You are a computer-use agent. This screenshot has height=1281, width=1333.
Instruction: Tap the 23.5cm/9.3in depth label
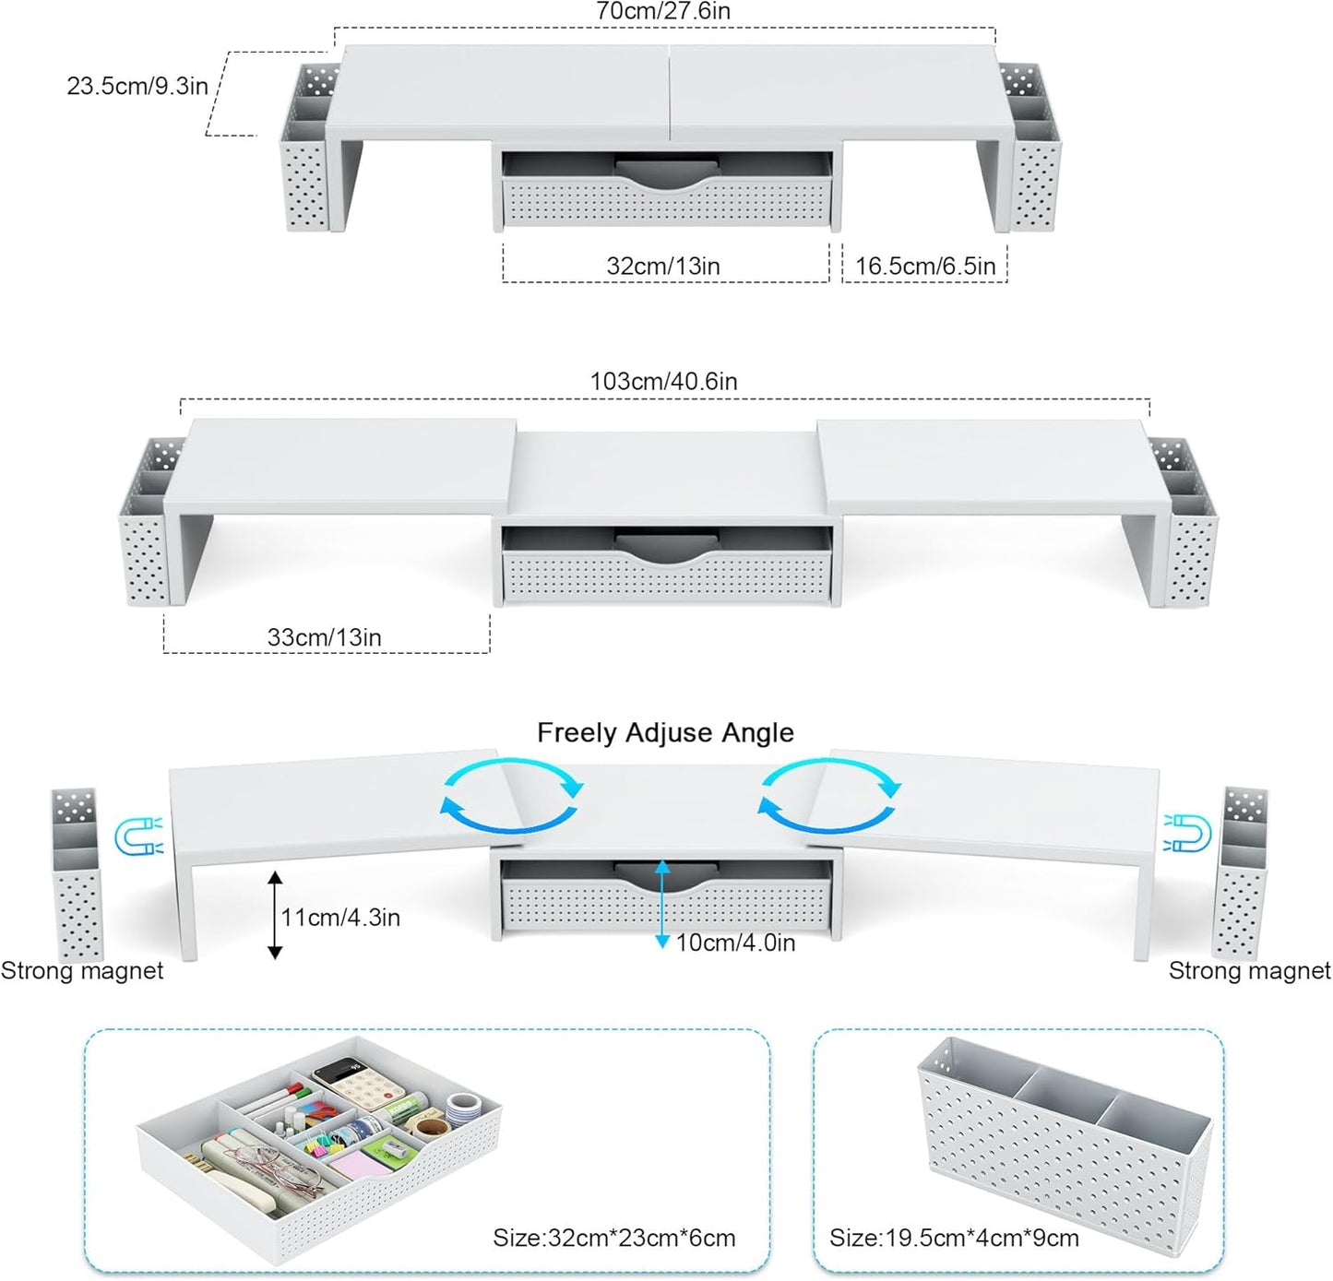click(137, 86)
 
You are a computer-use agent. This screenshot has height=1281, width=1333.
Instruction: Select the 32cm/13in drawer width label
click(662, 266)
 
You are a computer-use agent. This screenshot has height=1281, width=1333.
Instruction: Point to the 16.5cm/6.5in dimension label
click(924, 266)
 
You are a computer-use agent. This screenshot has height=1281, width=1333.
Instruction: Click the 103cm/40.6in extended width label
click(663, 381)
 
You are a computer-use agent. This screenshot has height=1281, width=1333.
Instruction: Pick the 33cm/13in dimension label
click(324, 637)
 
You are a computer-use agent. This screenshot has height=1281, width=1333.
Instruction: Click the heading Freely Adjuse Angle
click(665, 732)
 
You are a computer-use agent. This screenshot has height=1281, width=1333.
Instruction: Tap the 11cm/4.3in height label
click(340, 917)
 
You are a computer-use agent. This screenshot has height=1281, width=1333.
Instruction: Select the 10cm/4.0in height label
click(735, 943)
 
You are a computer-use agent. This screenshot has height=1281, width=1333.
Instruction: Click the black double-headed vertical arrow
click(275, 915)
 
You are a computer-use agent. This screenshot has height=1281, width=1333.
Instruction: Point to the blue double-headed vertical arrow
click(661, 904)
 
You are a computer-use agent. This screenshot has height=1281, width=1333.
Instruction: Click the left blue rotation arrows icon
click(512, 796)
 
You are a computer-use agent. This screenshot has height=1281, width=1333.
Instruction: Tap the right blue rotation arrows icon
click(829, 796)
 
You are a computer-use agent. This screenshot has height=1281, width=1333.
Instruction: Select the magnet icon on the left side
click(138, 836)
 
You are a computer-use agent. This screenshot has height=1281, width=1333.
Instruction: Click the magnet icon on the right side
click(1188, 833)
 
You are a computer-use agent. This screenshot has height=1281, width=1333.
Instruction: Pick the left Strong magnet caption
click(82, 970)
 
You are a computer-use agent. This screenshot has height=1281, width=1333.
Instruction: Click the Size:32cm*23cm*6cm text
click(613, 1238)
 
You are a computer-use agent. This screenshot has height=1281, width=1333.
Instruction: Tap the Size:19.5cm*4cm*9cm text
click(954, 1238)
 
